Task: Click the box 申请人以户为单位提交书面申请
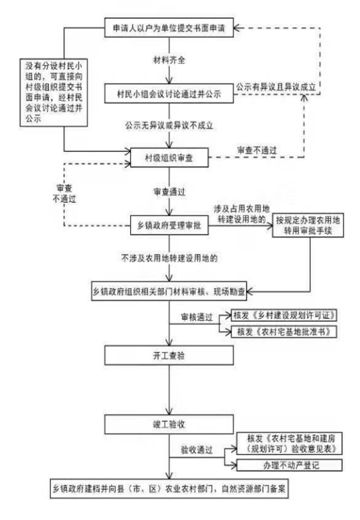click(169, 28)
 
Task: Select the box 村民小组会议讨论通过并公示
click(169, 94)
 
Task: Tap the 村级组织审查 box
click(169, 157)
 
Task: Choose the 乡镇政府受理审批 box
click(169, 225)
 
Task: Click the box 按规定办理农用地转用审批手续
click(308, 225)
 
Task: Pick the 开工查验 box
click(169, 355)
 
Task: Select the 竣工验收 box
click(169, 424)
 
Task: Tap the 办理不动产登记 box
click(289, 465)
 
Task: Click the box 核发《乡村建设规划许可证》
click(284, 315)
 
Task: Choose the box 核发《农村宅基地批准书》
click(284, 332)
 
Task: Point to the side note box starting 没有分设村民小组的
click(54, 92)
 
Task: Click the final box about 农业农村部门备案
click(169, 489)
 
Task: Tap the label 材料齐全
click(169, 60)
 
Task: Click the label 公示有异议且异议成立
click(276, 87)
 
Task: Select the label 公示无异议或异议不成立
click(169, 125)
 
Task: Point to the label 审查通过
click(169, 192)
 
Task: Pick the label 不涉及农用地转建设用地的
click(169, 258)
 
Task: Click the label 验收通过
click(196, 450)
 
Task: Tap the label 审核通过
click(197, 317)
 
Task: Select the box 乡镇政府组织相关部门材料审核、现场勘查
click(169, 292)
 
